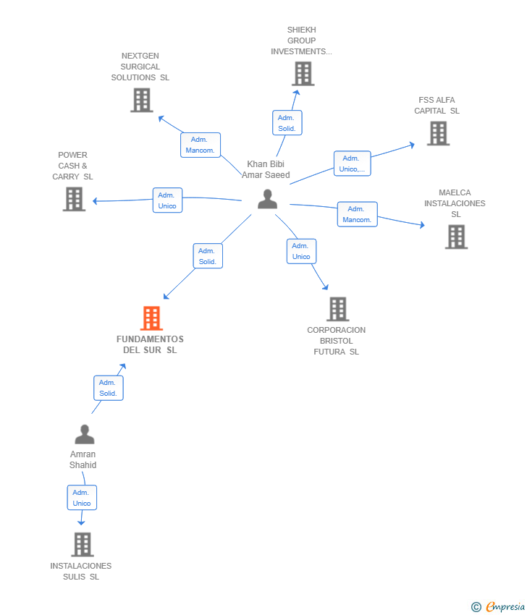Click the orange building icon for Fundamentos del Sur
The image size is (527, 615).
pyautogui.click(x=151, y=318)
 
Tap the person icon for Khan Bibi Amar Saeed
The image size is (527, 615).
pyautogui.click(x=268, y=199)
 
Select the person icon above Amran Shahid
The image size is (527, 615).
pyautogui.click(x=85, y=434)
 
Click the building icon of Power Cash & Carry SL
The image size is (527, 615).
pyautogui.click(x=74, y=199)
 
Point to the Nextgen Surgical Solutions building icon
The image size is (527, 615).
pyautogui.click(x=142, y=100)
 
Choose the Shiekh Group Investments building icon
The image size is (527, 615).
pyautogui.click(x=303, y=73)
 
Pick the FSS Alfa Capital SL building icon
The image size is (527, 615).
pyautogui.click(x=438, y=133)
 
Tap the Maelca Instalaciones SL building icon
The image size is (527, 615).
pyautogui.click(x=456, y=237)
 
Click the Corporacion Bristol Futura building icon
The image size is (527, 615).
pyautogui.click(x=338, y=309)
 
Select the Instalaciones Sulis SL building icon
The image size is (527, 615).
pyautogui.click(x=83, y=544)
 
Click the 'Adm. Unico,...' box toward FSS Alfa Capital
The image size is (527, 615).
pyautogui.click(x=353, y=164)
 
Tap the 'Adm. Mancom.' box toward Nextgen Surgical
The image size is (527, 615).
pyautogui.click(x=201, y=145)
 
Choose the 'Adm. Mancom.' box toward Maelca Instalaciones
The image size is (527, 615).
pyautogui.click(x=358, y=214)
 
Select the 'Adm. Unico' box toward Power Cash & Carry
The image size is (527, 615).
pyautogui.click(x=167, y=200)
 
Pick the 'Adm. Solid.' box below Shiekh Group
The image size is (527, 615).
pyautogui.click(x=287, y=123)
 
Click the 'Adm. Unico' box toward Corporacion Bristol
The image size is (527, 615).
pyautogui.click(x=301, y=251)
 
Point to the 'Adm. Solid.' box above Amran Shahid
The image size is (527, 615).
pyautogui.click(x=109, y=388)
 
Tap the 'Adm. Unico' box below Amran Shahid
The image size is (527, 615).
pyautogui.click(x=82, y=498)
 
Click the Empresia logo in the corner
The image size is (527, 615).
pyautogui.click(x=498, y=607)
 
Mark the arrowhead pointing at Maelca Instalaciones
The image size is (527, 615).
pyautogui.click(x=422, y=225)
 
